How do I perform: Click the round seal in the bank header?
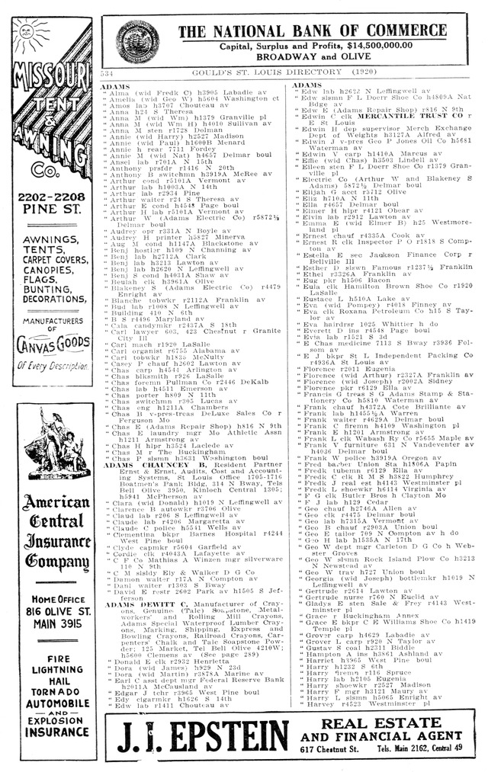click(x=135, y=40)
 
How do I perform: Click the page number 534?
click(x=108, y=72)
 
